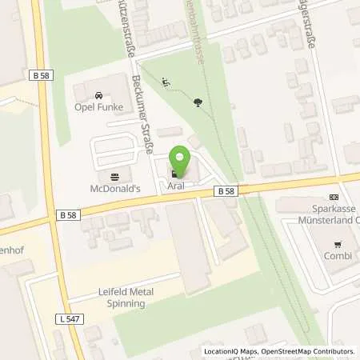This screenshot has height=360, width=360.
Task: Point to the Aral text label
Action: [176, 186]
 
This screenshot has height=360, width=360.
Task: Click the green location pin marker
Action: [182, 162]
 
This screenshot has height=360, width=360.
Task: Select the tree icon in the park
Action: [198, 102]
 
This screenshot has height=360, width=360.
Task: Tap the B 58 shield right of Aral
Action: [225, 191]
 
